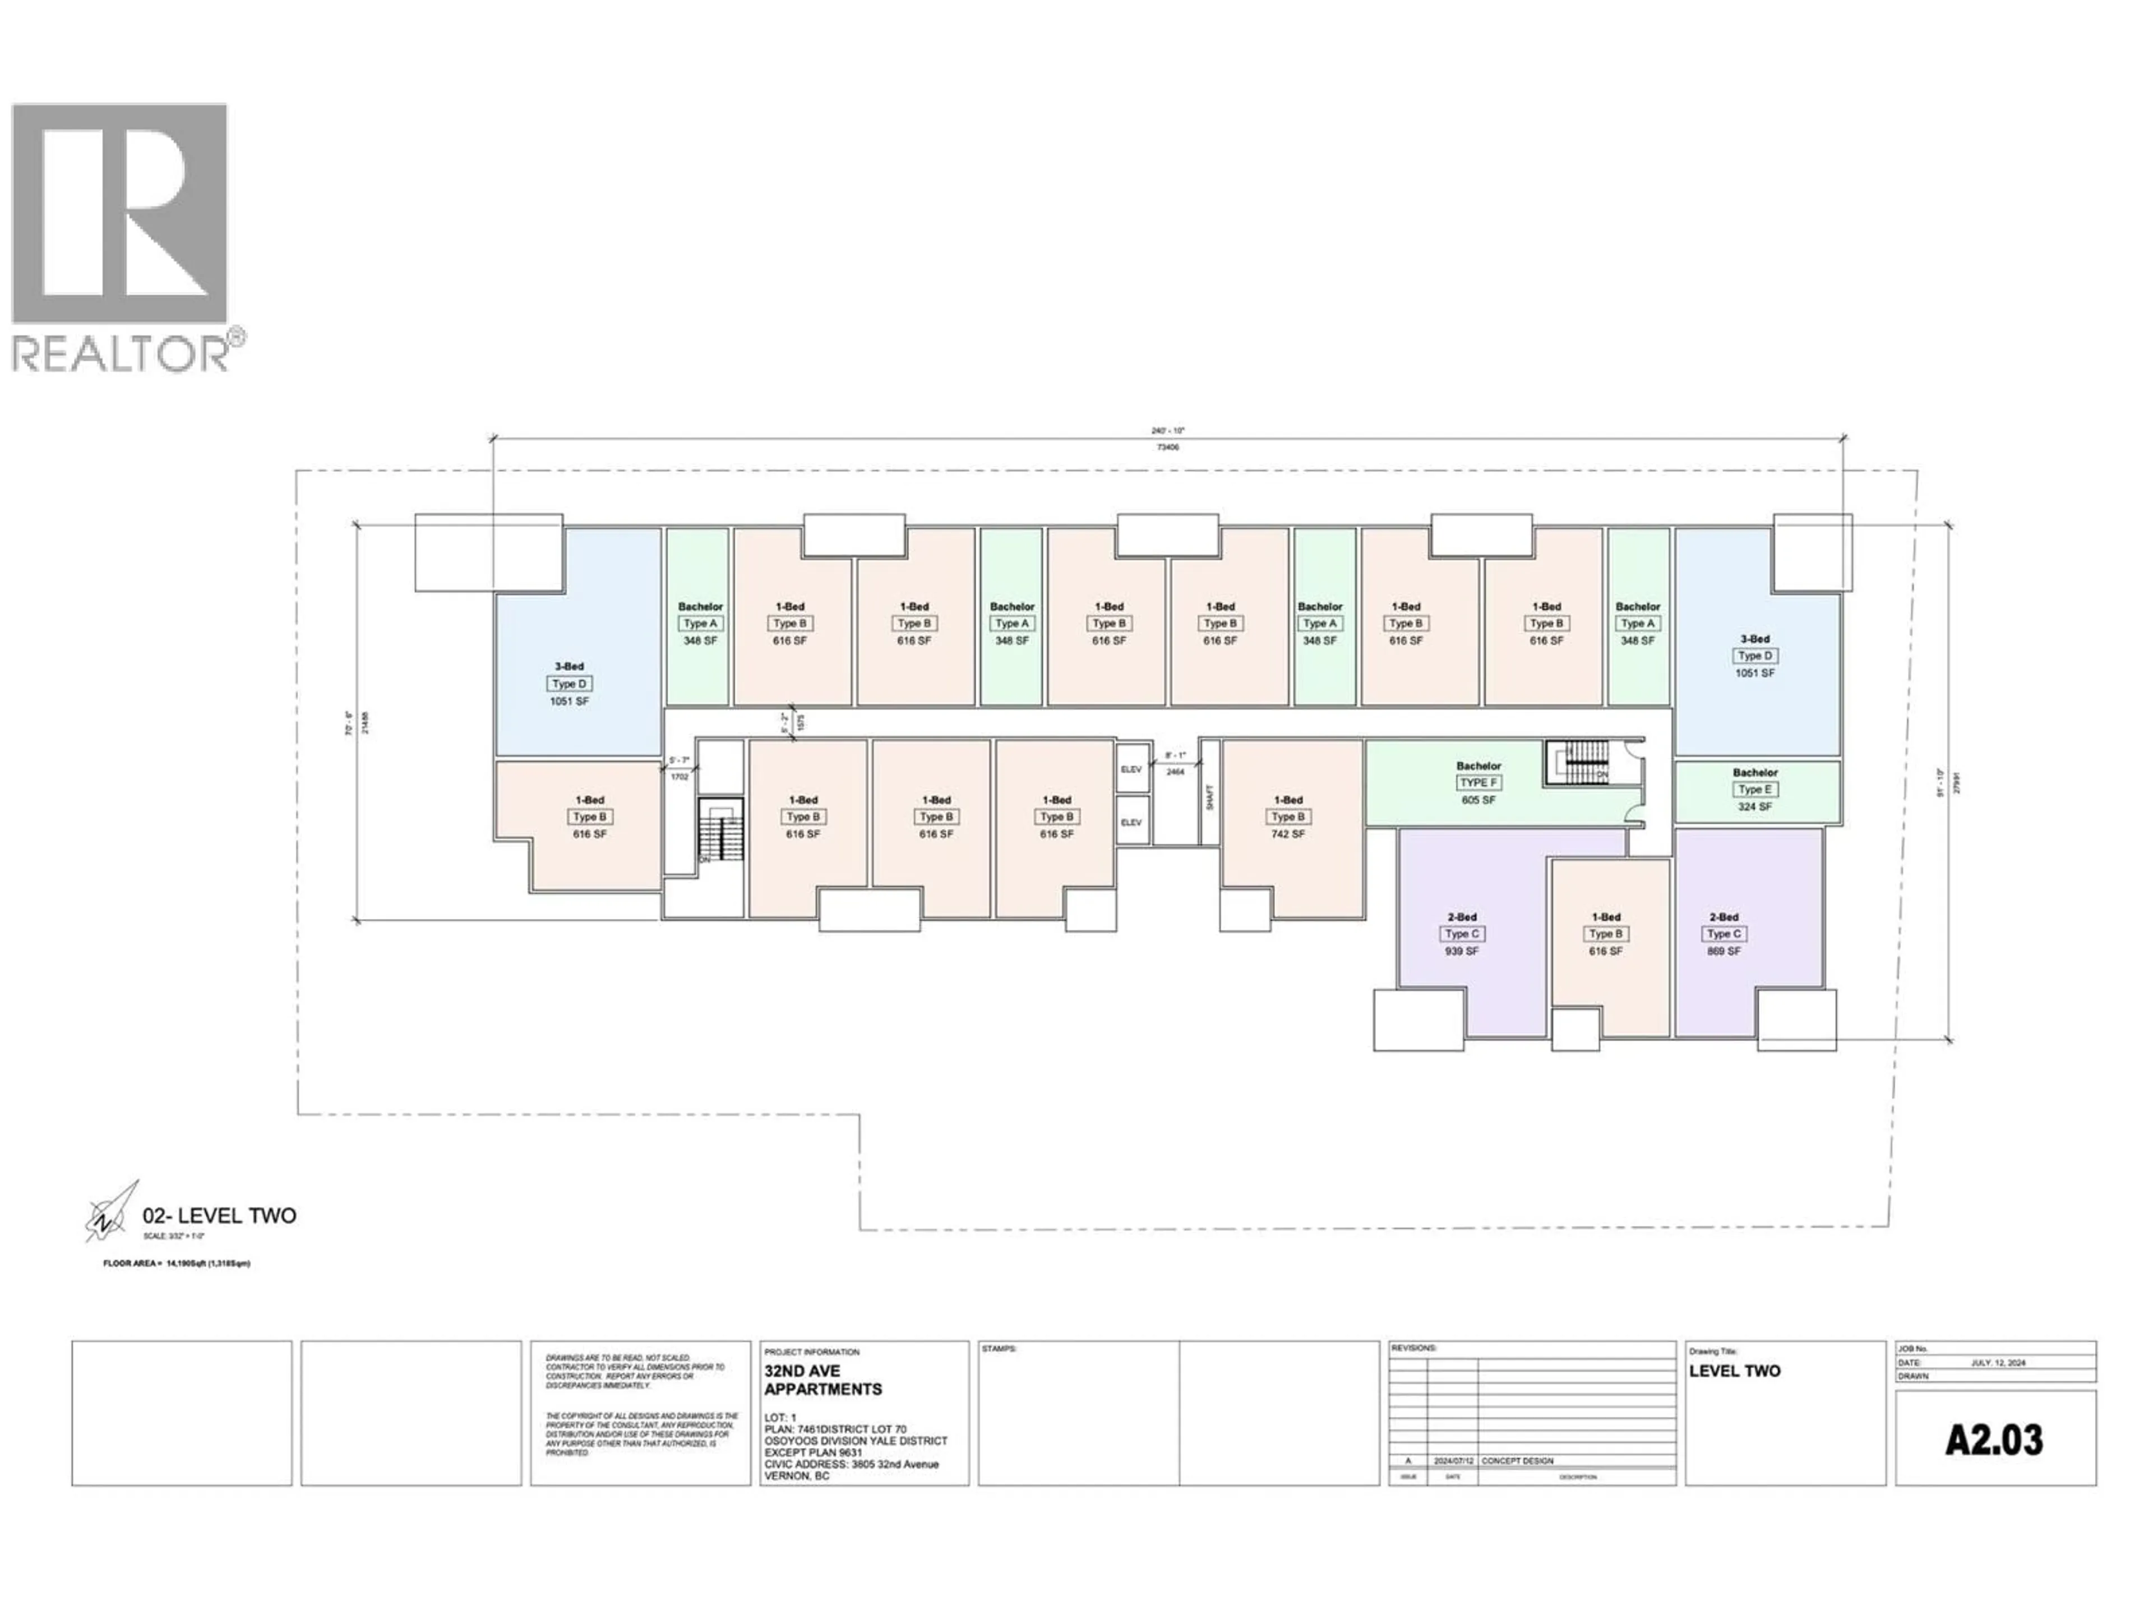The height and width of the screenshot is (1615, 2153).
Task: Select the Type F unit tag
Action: pyautogui.click(x=1477, y=783)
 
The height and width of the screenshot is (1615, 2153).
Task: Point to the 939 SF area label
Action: pyautogui.click(x=1462, y=951)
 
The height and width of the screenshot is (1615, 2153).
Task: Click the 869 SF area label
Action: pyautogui.click(x=1723, y=951)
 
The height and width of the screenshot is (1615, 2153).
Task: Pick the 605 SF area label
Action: pyautogui.click(x=1477, y=800)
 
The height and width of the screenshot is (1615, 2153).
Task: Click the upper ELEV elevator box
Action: pyautogui.click(x=1131, y=769)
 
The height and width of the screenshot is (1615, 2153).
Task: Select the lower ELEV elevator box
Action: pyautogui.click(x=1131, y=823)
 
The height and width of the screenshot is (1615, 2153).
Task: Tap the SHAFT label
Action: pyautogui.click(x=1210, y=799)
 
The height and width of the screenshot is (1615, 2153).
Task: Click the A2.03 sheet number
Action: pyautogui.click(x=1994, y=1441)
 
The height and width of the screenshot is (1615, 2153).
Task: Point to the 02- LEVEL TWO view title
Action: pyautogui.click(x=219, y=1216)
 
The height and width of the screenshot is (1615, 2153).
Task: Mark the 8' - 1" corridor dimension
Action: pyautogui.click(x=1176, y=755)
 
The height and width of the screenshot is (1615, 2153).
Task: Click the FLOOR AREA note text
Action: pyautogui.click(x=177, y=1263)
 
